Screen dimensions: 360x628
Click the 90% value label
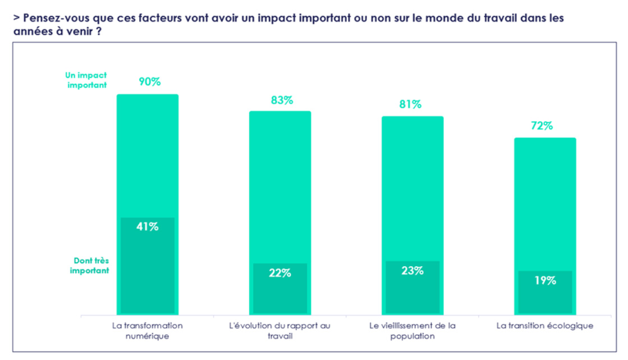point(149,81)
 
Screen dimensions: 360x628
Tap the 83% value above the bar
point(282,101)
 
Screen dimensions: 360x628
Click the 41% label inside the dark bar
point(148,227)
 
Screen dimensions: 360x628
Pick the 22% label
point(279,273)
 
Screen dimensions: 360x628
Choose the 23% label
point(412,270)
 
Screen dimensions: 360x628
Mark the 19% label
point(545,280)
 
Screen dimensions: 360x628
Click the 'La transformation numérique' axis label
point(148,331)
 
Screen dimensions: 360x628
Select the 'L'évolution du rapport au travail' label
point(279,331)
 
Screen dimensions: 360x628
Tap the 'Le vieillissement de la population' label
point(412,331)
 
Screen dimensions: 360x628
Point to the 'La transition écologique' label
point(545,326)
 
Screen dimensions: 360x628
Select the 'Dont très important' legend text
point(89,266)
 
